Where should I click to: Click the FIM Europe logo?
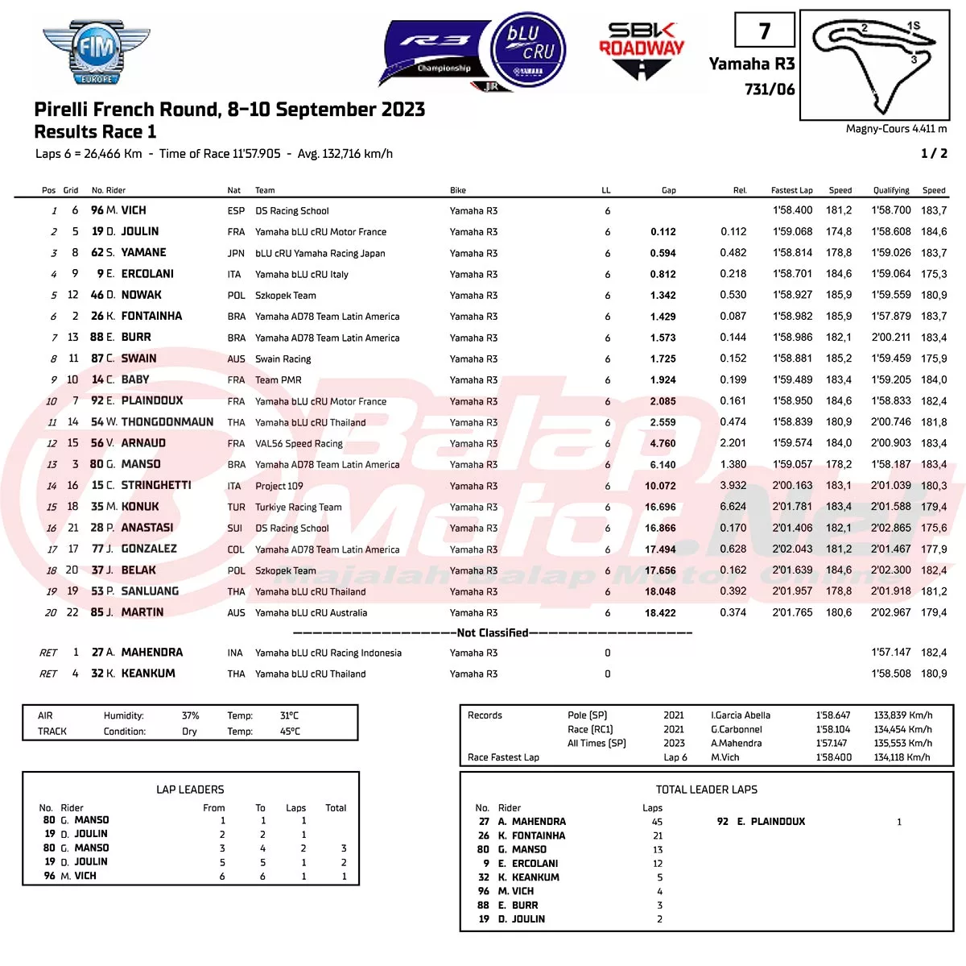(96, 52)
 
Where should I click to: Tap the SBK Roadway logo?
(642, 51)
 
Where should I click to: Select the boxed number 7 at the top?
(765, 31)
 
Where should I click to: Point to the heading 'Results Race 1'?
(95, 132)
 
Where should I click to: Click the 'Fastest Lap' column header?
(791, 191)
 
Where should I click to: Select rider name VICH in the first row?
(134, 210)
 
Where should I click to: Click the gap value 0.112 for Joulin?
(663, 232)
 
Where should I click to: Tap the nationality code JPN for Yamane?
(236, 253)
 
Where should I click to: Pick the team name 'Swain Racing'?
(283, 359)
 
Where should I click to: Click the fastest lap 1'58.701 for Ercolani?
(792, 274)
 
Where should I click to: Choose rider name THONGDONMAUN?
(167, 422)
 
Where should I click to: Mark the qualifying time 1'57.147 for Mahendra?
(891, 653)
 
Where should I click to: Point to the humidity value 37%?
(190, 715)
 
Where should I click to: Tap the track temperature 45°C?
(290, 732)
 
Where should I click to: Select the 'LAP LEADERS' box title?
(190, 790)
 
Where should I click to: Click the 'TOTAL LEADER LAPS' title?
(706, 790)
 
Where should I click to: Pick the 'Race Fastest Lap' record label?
(503, 757)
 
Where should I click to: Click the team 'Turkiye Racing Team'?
(298, 508)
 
